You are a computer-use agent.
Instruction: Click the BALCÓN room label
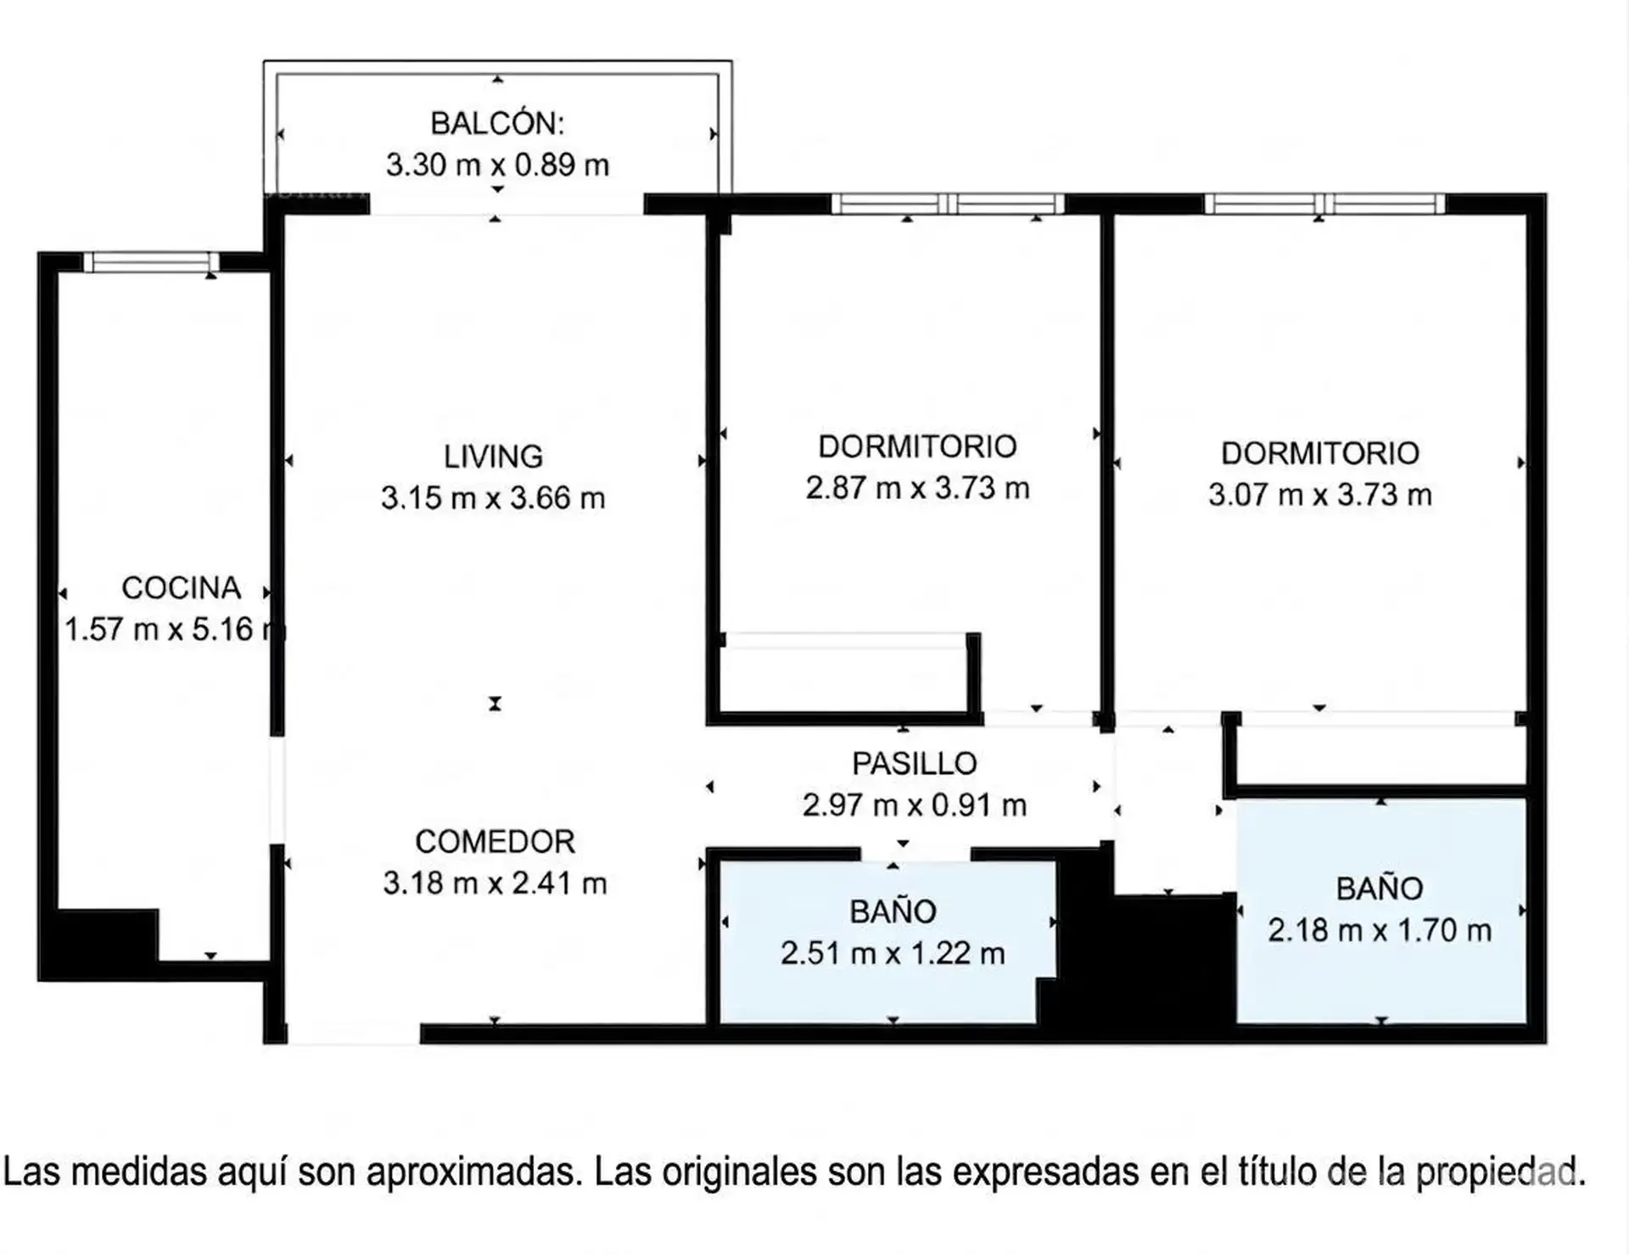tap(497, 124)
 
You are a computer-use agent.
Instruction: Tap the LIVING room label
tap(493, 457)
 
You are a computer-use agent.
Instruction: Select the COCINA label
tap(181, 587)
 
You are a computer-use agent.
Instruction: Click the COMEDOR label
tap(495, 842)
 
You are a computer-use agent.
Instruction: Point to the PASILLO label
tap(915, 764)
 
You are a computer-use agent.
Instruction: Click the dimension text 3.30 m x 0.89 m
tap(498, 165)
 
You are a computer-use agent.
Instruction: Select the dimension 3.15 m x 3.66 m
tap(493, 498)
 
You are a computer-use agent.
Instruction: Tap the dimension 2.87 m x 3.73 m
tap(918, 488)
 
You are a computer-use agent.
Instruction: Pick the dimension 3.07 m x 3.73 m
tap(1320, 495)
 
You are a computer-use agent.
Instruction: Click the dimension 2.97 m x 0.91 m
tap(915, 805)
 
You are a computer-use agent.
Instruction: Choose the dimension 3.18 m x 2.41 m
tap(495, 883)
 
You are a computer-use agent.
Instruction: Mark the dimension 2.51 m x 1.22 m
tap(893, 954)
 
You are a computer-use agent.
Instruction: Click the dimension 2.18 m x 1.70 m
tap(1380, 930)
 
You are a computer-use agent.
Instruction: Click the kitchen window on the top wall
tap(151, 262)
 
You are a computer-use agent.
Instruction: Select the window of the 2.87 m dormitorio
tap(948, 204)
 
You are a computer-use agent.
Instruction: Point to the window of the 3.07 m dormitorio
tap(1324, 204)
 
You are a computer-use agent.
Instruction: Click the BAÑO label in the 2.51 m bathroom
tap(893, 912)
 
